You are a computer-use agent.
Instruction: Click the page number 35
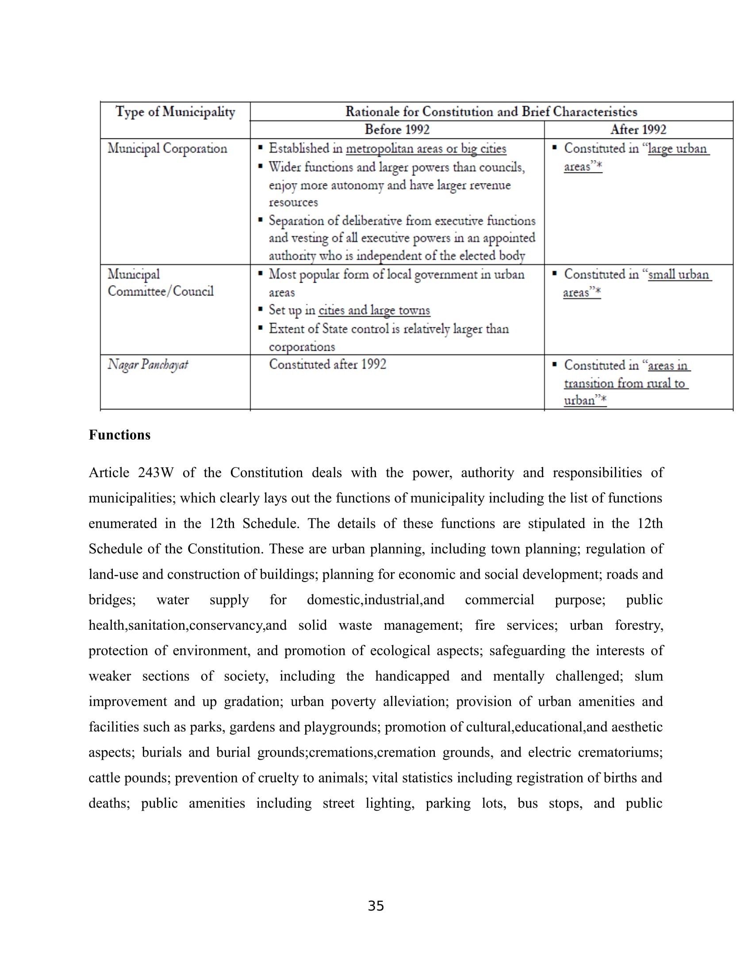pyautogui.click(x=376, y=906)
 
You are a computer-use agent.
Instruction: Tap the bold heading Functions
pyautogui.click(x=119, y=435)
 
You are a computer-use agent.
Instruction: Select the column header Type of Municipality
pyautogui.click(x=175, y=111)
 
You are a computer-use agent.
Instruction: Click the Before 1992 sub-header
pyautogui.click(x=397, y=130)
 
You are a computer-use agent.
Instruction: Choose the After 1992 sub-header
pyautogui.click(x=638, y=130)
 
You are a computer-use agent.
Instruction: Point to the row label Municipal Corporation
pyautogui.click(x=167, y=148)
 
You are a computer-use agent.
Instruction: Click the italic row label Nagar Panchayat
pyautogui.click(x=147, y=365)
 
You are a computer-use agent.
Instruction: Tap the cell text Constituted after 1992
pyautogui.click(x=327, y=364)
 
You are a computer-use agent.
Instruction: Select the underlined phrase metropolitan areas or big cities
pyautogui.click(x=426, y=148)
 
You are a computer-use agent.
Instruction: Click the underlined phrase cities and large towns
pyautogui.click(x=374, y=310)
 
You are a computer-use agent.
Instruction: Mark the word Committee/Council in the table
pyautogui.click(x=161, y=291)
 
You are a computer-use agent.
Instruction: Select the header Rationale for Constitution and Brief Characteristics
pyautogui.click(x=491, y=111)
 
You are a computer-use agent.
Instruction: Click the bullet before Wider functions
pyautogui.click(x=261, y=167)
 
